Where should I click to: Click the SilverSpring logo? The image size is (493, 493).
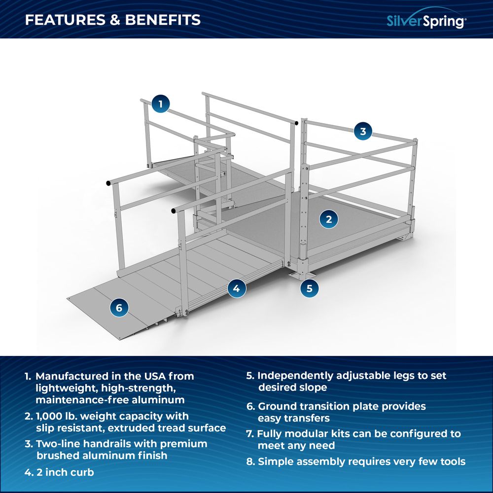[425, 21]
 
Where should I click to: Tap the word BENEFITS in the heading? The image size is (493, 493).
[163, 20]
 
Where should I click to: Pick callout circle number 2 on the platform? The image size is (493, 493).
[329, 218]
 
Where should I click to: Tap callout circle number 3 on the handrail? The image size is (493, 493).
[363, 131]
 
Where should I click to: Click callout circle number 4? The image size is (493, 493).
[237, 288]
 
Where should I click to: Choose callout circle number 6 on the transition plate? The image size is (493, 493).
[119, 308]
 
